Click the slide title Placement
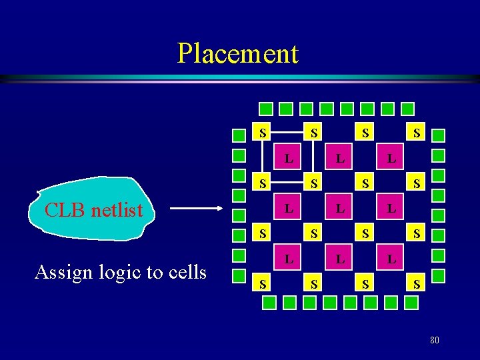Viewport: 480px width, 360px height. point(238,53)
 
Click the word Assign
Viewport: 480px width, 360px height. point(62,273)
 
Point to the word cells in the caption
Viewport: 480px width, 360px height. point(185,272)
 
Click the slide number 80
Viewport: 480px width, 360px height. point(434,341)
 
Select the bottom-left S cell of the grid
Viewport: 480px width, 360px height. point(264,283)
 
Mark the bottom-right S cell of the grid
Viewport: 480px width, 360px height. point(417,283)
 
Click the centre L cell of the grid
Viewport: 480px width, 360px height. point(340,209)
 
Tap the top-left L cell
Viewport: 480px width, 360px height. point(288,159)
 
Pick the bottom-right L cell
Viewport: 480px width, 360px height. point(391,257)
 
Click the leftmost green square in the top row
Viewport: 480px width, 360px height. point(265,108)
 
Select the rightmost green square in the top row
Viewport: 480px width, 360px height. point(407,108)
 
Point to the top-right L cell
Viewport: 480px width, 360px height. point(391,159)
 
